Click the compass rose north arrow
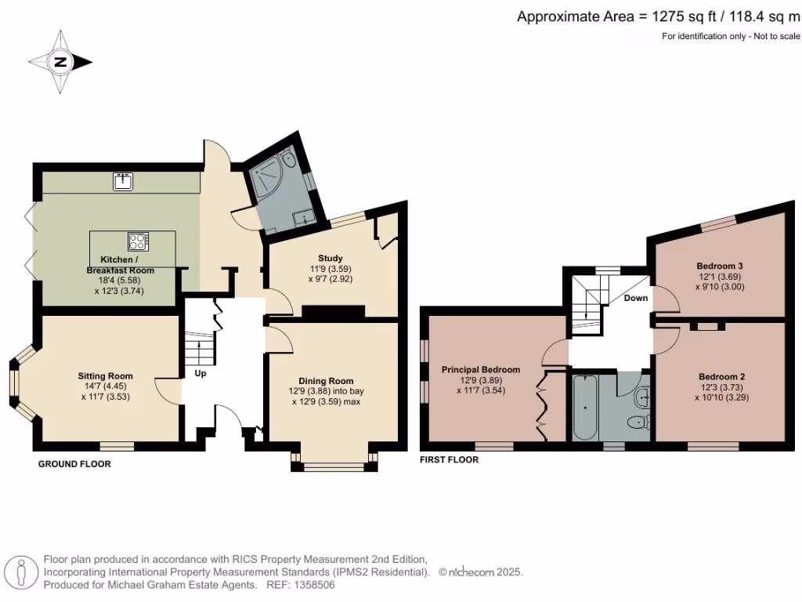click(61, 62)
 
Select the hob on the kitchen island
click(138, 241)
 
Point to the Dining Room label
click(325, 381)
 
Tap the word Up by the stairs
click(200, 374)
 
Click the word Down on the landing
click(635, 299)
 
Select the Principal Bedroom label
click(480, 369)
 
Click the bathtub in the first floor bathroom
click(585, 407)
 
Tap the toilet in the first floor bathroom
click(638, 423)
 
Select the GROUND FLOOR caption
click(74, 464)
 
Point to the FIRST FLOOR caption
click(450, 460)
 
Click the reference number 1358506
click(313, 585)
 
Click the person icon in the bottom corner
click(22, 573)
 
